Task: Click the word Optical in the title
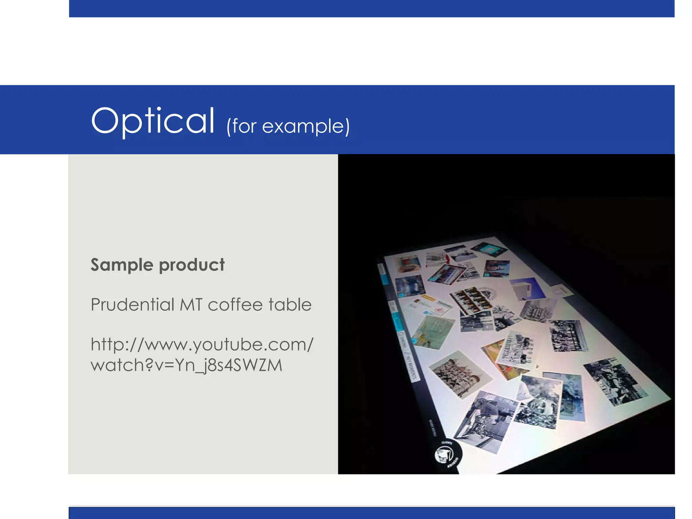(153, 121)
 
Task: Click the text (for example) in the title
(288, 126)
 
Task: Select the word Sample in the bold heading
(122, 265)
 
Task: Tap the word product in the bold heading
(192, 265)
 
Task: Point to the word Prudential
(132, 304)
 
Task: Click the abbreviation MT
(191, 304)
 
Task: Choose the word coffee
(235, 304)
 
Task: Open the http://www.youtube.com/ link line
(202, 345)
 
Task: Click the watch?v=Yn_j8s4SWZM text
(186, 365)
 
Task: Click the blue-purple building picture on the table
(527, 289)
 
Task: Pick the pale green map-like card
(434, 331)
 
